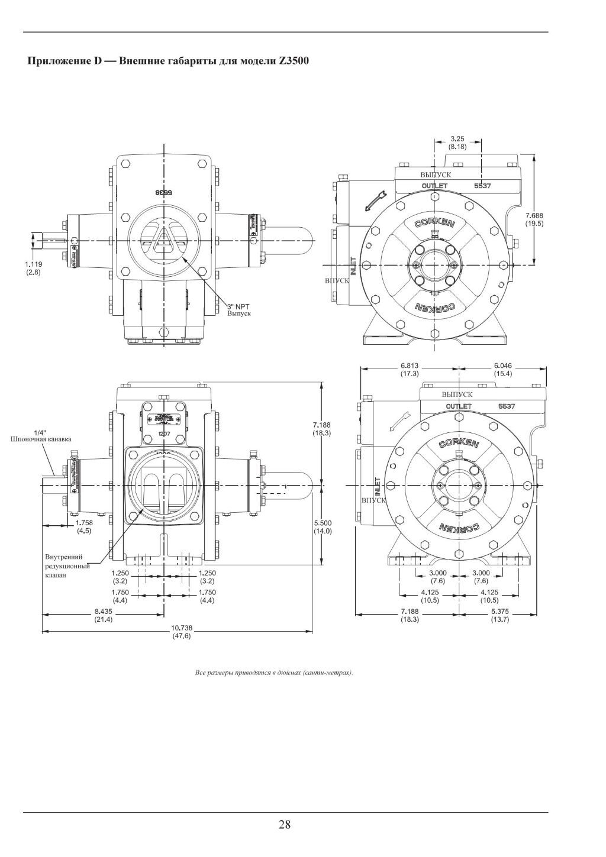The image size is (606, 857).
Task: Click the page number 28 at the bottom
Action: click(x=285, y=824)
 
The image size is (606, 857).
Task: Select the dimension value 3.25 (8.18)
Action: click(x=457, y=142)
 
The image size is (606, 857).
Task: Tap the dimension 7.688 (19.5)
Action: click(x=534, y=219)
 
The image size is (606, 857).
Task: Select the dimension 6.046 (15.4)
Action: click(x=503, y=370)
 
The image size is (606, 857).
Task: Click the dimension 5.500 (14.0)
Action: click(x=323, y=527)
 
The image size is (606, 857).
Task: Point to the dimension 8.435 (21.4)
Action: click(x=104, y=616)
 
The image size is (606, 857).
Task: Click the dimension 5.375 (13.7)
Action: click(x=501, y=615)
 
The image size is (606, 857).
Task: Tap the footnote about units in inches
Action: click(x=274, y=673)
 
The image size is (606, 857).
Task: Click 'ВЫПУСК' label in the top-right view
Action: click(x=436, y=175)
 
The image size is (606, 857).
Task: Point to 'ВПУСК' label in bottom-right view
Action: click(x=373, y=500)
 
